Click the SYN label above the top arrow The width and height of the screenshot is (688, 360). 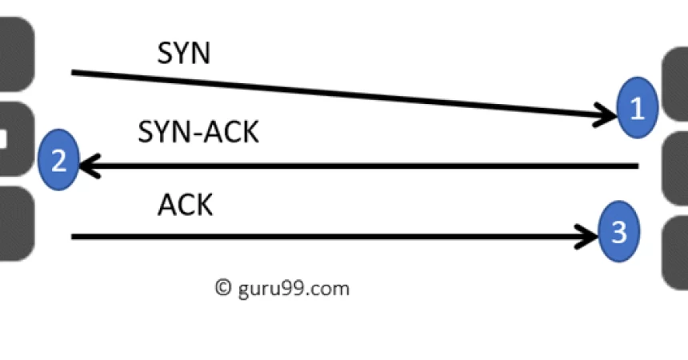(184, 54)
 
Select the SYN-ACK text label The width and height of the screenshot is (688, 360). (198, 132)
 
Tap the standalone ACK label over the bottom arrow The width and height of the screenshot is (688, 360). (185, 206)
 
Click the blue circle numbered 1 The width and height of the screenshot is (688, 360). (638, 109)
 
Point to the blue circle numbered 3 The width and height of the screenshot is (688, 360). (618, 233)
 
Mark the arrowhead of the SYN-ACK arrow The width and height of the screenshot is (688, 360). (86, 166)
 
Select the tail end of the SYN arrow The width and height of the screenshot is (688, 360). (74, 73)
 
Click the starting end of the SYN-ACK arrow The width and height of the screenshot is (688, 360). (636, 166)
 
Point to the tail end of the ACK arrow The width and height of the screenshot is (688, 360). (74, 236)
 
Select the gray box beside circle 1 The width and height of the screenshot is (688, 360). (676, 84)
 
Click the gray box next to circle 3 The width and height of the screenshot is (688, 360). (676, 252)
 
